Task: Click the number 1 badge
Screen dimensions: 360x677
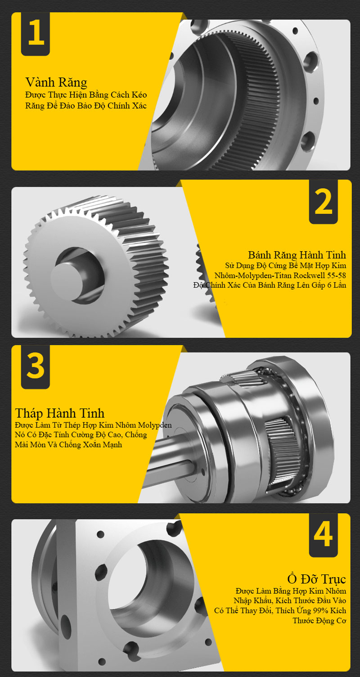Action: (36, 34)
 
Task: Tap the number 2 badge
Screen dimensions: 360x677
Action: (323, 202)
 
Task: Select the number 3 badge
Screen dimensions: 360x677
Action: (36, 367)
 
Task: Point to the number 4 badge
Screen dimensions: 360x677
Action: (323, 535)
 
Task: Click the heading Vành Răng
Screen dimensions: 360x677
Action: (56, 82)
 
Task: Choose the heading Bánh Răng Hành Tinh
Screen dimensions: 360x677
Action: (297, 255)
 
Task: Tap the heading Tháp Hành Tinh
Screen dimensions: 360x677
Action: (59, 413)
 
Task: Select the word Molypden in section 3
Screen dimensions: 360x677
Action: (155, 425)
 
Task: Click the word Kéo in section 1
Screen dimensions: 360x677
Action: (139, 95)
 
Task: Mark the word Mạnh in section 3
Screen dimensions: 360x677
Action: (112, 445)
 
